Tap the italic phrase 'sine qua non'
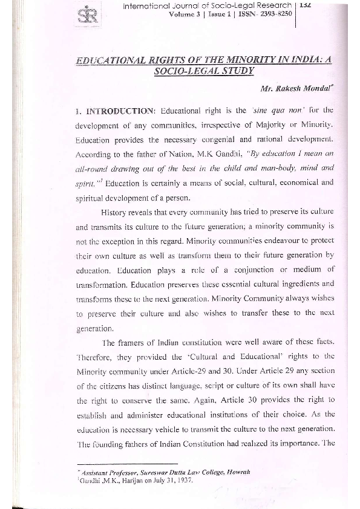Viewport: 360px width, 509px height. tap(269, 111)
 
